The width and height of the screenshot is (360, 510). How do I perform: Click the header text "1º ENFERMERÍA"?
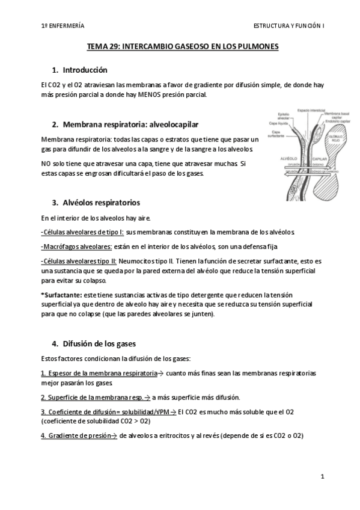coord(63,26)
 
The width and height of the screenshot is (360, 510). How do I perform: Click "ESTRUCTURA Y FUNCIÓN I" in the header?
coord(288,26)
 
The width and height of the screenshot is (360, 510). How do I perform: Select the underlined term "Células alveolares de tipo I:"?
coord(82,232)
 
